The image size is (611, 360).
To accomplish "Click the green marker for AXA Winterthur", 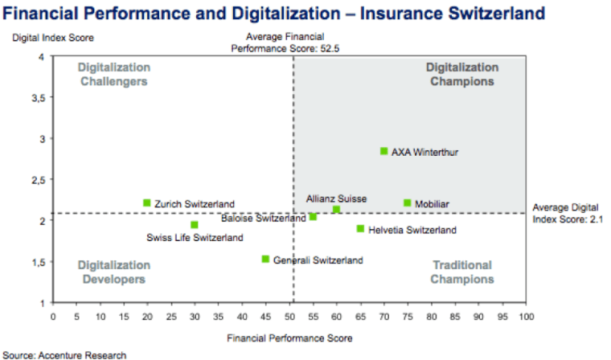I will tap(384, 151).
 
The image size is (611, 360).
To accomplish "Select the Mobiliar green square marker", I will tap(408, 203).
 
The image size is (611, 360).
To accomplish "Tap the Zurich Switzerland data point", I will tap(147, 203).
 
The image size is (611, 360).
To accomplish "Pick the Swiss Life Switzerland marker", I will tap(195, 225).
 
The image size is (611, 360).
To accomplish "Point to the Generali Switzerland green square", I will tap(265, 259).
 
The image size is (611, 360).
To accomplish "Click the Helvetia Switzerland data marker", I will tap(360, 229).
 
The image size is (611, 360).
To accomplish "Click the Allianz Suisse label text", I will tap(336, 198).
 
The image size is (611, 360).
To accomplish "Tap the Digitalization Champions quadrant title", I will tap(461, 74).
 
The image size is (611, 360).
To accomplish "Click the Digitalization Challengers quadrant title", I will tap(113, 74).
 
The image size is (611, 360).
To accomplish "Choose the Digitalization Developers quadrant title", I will tap(113, 272).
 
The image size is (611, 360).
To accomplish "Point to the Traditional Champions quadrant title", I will tap(461, 272).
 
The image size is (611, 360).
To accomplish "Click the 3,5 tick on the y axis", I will tap(36, 97).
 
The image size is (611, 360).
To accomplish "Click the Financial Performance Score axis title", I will tap(289, 337).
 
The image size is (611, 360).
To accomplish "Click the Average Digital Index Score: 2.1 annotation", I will tap(568, 213).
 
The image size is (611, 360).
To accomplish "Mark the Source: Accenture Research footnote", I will tap(64, 354).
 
